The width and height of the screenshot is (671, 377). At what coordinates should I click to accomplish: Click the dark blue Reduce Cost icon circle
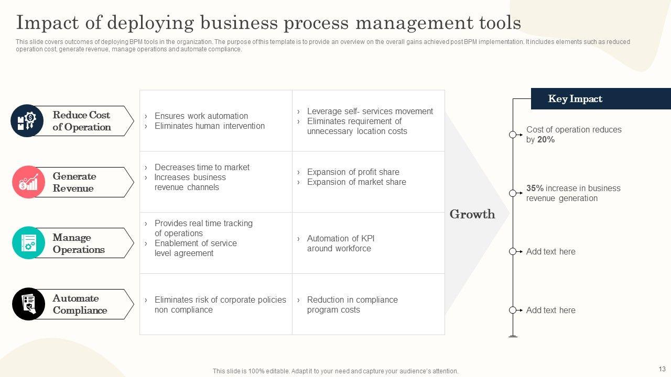point(27,121)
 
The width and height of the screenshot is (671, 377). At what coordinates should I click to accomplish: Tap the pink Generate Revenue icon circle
point(28,182)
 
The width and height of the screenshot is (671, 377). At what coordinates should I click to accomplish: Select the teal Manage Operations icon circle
point(28,243)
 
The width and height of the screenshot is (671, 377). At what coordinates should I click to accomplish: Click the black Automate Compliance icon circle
point(28,304)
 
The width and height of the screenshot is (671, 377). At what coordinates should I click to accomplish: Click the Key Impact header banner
point(600,99)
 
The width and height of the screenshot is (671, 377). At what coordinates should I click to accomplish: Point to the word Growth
point(472,214)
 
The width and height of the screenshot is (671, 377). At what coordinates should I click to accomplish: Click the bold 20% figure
point(546,140)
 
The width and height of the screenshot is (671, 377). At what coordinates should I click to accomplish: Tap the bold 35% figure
point(535,188)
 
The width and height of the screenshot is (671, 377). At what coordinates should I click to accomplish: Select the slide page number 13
point(661,369)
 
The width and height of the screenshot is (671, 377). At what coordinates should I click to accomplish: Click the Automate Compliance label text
point(80,304)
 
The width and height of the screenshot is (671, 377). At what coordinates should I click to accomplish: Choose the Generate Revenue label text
point(74,182)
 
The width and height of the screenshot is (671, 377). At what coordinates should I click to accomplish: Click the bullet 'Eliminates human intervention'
point(209,126)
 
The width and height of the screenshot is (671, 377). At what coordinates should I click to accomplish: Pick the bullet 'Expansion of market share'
point(356,182)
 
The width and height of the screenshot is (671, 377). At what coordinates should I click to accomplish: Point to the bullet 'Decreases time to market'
point(202,167)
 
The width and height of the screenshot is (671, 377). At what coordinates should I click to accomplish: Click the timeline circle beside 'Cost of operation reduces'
point(513,135)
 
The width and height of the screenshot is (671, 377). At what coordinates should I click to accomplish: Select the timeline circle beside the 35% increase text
point(513,193)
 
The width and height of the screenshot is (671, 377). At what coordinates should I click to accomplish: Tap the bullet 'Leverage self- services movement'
point(370,111)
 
